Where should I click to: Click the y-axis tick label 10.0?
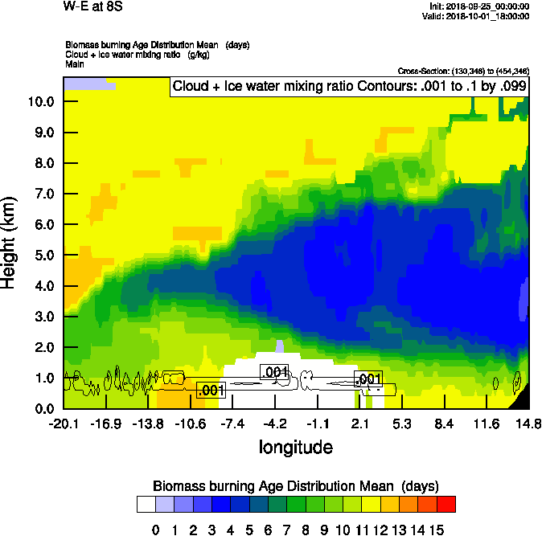(x=41, y=101)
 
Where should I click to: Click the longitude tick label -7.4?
(x=233, y=423)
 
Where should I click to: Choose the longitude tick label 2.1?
(x=360, y=423)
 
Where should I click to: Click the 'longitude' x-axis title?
(x=295, y=446)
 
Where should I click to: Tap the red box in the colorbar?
(x=446, y=504)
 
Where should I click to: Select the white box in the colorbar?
(x=146, y=504)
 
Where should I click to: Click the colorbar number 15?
(x=437, y=530)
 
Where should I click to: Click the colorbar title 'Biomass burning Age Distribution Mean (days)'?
(x=295, y=486)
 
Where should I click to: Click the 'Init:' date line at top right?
(x=481, y=6)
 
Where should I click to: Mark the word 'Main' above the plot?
(x=75, y=63)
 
